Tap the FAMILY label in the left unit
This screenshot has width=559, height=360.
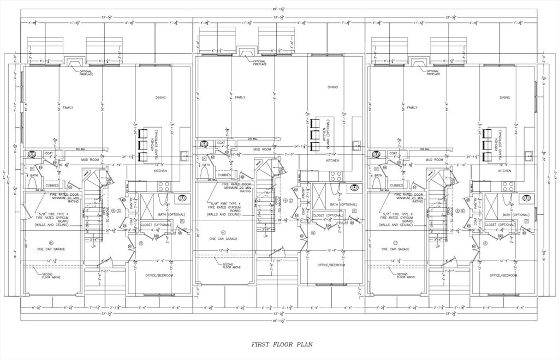68,107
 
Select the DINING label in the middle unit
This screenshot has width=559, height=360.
332,87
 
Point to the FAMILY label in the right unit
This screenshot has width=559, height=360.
412,107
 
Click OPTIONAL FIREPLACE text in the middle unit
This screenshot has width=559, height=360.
259,63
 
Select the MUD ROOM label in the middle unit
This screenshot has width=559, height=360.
262,149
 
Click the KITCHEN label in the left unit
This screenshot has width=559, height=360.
160,171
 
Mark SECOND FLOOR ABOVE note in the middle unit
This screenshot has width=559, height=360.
231,266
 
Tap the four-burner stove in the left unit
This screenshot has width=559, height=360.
162,185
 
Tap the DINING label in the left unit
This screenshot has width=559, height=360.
159,98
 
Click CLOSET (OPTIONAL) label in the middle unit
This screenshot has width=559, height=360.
328,215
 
